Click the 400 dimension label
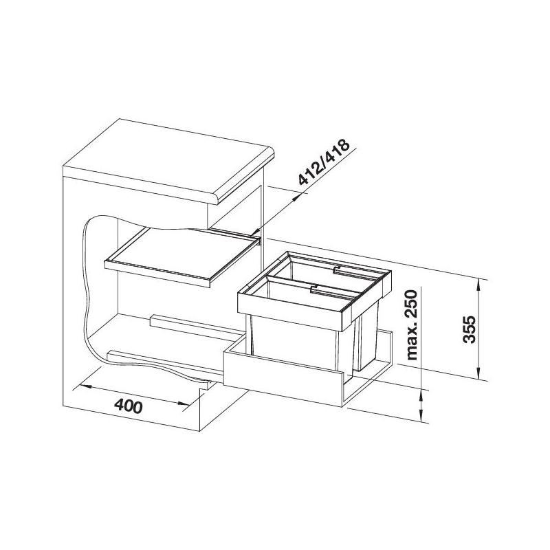tap(129, 406)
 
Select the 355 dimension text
tap(469, 329)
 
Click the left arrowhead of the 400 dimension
tap(82, 386)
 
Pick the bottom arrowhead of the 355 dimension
tap(478, 371)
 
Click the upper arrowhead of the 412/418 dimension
tap(298, 197)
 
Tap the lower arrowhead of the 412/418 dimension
tap(255, 232)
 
